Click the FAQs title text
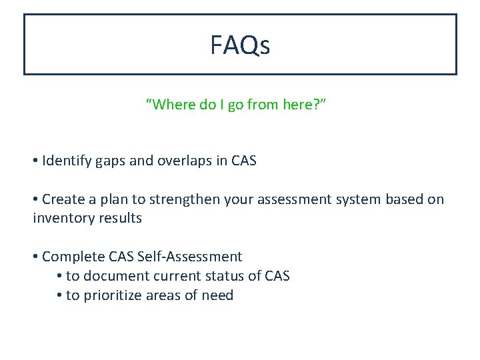(240, 45)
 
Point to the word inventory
(62, 218)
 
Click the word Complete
(71, 257)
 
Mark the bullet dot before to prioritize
(60, 295)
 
